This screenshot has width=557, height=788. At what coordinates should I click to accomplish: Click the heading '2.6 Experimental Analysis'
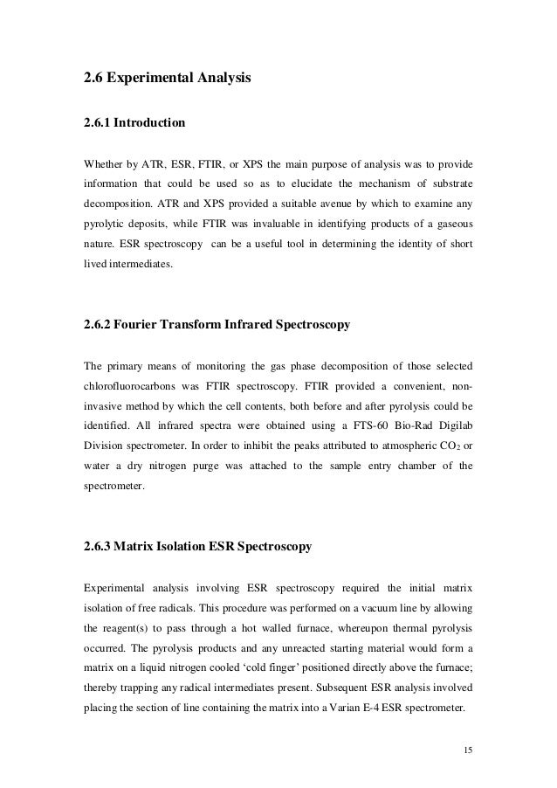tap(167, 79)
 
